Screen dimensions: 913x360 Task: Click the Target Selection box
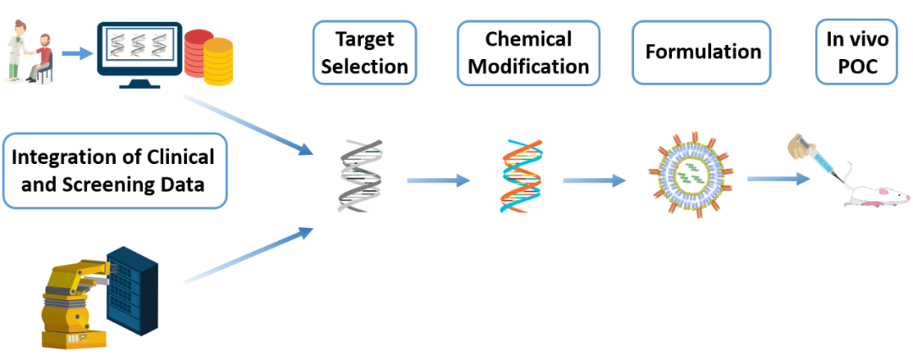click(x=364, y=52)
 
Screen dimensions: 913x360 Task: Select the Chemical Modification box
click(x=528, y=52)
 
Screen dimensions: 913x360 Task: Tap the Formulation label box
click(x=703, y=52)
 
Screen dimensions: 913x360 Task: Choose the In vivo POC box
click(x=857, y=52)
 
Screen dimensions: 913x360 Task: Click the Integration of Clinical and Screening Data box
click(x=114, y=171)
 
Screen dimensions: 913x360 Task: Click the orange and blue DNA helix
click(x=521, y=175)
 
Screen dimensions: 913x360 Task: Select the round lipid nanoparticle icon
click(x=690, y=173)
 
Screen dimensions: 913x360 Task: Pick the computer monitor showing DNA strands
click(x=139, y=55)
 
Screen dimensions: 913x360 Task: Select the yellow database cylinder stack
click(x=218, y=62)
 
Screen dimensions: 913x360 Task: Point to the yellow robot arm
click(x=77, y=299)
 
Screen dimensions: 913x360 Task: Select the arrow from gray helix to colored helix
click(x=439, y=181)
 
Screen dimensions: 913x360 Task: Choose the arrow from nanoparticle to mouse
click(x=778, y=179)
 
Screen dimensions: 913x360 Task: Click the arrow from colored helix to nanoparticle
click(x=594, y=181)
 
